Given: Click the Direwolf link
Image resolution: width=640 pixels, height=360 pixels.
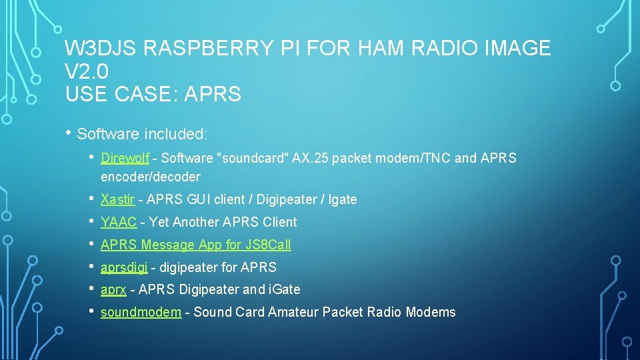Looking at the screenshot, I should (125, 158).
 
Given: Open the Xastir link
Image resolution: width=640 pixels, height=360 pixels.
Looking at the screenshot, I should (117, 199).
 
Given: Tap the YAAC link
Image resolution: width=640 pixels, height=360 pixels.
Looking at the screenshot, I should (119, 222).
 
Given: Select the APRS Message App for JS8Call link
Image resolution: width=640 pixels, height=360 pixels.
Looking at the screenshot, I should (195, 245).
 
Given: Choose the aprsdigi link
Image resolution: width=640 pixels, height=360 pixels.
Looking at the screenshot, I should (124, 267).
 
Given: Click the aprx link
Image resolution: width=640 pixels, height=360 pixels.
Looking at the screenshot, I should (113, 289).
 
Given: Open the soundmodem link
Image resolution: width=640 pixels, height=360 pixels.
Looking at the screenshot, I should (141, 312).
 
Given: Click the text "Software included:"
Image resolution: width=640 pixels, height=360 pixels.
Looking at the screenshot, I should (143, 134).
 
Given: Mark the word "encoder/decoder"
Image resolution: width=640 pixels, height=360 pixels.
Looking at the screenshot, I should (150, 177).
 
